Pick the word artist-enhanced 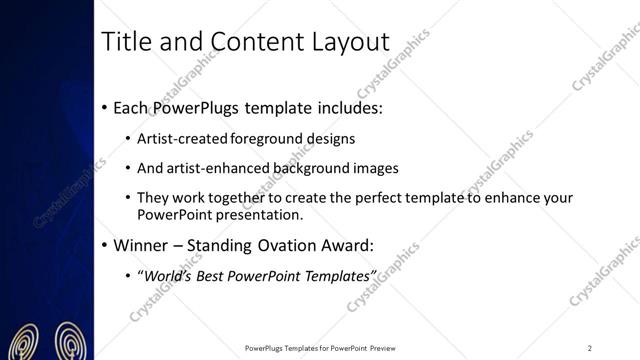pyautogui.click(x=222, y=168)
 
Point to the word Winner pyautogui.click(x=141, y=243)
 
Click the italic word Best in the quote pyautogui.click(x=215, y=273)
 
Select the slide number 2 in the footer pyautogui.click(x=590, y=348)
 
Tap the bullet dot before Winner pyautogui.click(x=105, y=243)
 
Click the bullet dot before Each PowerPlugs pyautogui.click(x=105, y=106)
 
